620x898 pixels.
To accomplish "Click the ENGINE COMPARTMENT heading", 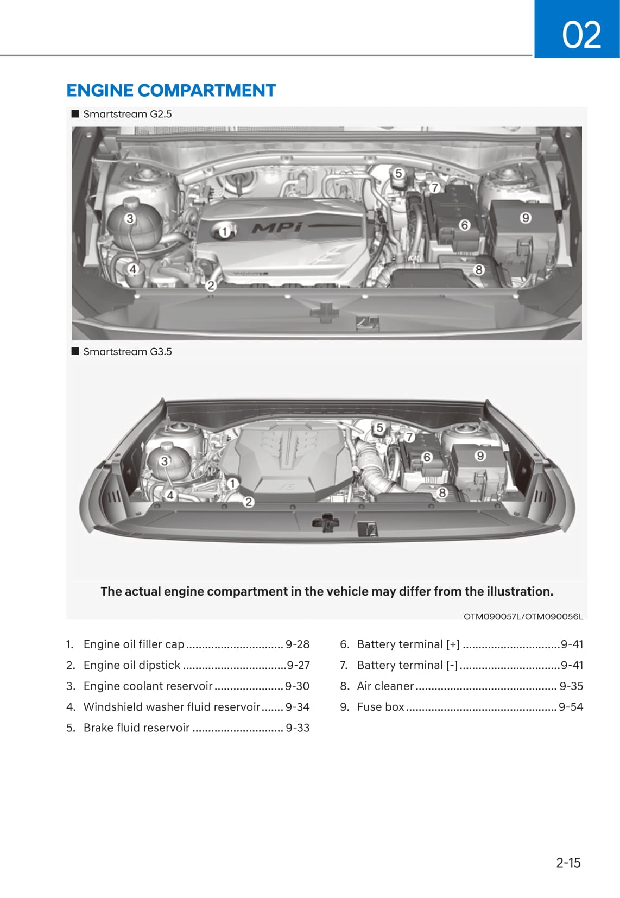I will coord(171,90).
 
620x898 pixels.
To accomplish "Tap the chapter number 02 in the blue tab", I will coord(581,34).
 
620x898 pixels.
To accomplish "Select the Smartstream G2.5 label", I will coord(127,114).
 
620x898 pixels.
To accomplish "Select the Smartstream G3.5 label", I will coord(127,351).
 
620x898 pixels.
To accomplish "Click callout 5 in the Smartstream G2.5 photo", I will coord(398,173).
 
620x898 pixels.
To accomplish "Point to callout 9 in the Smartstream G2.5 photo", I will coord(525,218).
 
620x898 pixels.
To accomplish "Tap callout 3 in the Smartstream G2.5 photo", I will coord(130,219).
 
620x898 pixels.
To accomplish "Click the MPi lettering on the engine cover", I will coord(276,226).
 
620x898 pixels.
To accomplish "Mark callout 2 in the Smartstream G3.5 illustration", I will coord(249,502).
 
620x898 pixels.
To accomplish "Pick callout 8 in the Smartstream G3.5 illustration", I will coord(442,492).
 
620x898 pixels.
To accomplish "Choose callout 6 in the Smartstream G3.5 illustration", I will coord(427,457).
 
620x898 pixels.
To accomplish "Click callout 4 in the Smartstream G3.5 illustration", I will coord(170,495).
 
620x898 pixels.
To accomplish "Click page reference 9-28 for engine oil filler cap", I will coord(298,644).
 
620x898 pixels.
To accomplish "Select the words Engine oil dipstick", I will coord(132,665).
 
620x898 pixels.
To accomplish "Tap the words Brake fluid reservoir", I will coord(137,728).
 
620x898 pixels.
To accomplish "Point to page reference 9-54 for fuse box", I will coord(571,707).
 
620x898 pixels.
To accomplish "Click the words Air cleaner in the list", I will coord(385,686).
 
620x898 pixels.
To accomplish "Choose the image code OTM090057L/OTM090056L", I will coord(523,616).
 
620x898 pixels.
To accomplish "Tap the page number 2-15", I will coord(568,862).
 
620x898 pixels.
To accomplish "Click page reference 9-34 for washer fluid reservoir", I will coord(298,707).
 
